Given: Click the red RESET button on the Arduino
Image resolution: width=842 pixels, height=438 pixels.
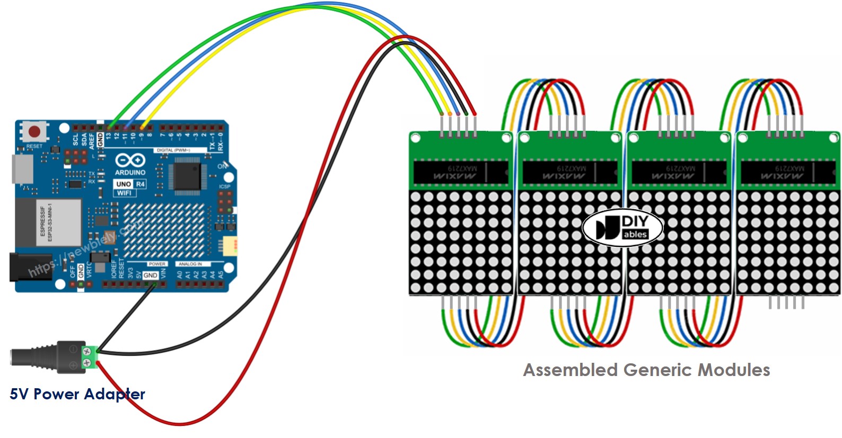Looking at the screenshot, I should [34, 131].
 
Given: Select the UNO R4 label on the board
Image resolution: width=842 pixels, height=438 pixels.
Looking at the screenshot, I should [130, 184].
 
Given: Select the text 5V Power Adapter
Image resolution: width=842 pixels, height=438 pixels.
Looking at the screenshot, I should [77, 394].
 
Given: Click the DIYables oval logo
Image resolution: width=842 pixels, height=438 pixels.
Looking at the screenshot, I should [622, 228].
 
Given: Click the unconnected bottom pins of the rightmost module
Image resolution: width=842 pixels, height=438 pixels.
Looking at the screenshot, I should [786, 302].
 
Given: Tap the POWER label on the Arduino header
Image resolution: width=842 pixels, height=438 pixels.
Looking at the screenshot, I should [157, 264].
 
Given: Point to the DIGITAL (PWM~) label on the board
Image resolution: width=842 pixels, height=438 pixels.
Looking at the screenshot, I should [173, 150].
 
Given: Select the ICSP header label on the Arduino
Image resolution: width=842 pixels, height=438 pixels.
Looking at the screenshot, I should [225, 186].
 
